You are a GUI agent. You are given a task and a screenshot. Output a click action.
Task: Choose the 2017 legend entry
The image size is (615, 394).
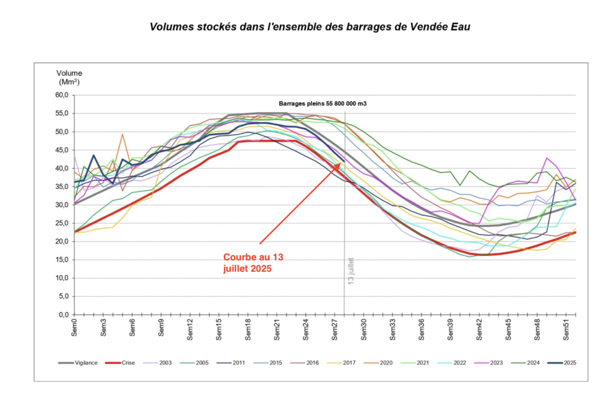coord(349,363)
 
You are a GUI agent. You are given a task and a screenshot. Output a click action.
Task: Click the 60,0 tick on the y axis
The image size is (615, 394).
coord(61,95)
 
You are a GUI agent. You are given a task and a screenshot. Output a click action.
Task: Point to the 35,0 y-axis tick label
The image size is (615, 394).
coord(61,187)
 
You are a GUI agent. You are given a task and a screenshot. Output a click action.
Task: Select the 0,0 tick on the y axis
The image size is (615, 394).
coord(63,315)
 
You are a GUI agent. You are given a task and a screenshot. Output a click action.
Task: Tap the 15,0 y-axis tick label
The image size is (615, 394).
coord(61,260)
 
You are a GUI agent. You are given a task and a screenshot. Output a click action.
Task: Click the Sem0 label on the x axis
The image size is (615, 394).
coord(74,329)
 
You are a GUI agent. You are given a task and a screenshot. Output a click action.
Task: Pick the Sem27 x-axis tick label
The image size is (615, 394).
coord(335,329)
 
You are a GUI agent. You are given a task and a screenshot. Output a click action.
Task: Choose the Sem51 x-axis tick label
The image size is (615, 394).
coord(567,329)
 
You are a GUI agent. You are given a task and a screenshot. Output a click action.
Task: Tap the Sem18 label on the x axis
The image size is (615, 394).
coord(248,329)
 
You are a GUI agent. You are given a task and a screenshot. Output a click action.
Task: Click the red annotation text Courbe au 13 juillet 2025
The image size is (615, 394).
coord(252,262)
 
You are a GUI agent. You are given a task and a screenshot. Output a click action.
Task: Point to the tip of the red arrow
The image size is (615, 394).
coord(341,163)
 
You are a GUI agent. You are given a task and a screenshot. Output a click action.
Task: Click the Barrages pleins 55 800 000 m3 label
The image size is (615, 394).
coord(323,103)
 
